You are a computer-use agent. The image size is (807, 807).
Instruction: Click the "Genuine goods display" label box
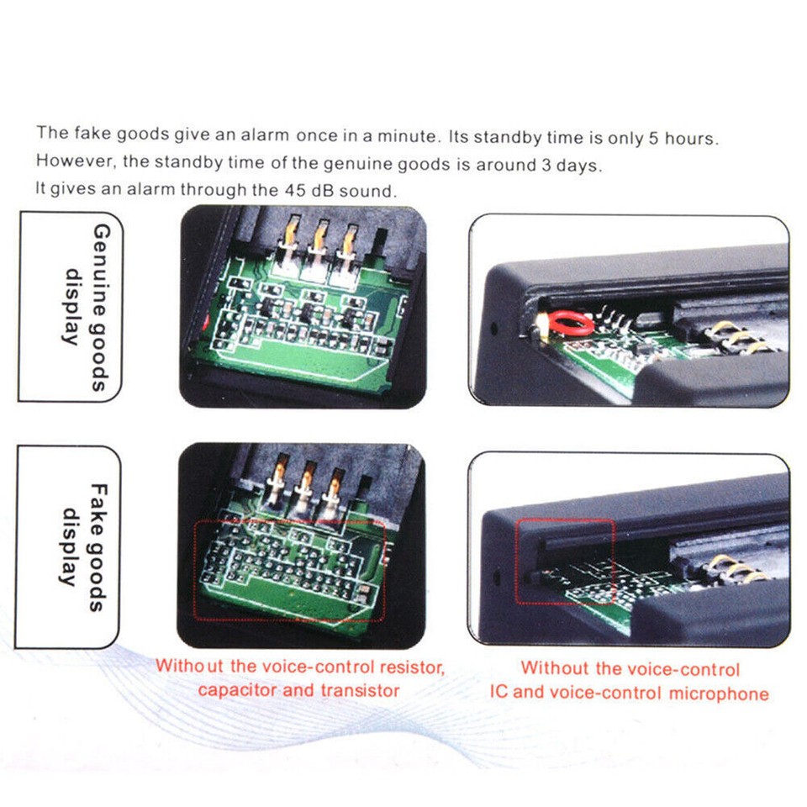pyautogui.click(x=70, y=307)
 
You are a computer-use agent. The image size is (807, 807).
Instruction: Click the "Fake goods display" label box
pyautogui.click(x=70, y=546)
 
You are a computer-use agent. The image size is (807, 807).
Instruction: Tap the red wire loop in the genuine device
pyautogui.click(x=565, y=322)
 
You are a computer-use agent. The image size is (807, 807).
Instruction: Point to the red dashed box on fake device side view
pyautogui.click(x=565, y=561)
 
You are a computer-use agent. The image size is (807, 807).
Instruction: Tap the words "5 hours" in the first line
pyautogui.click(x=683, y=138)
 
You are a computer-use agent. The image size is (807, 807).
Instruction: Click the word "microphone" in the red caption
pyautogui.click(x=720, y=694)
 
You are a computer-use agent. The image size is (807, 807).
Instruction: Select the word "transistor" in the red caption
pyautogui.click(x=360, y=691)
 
